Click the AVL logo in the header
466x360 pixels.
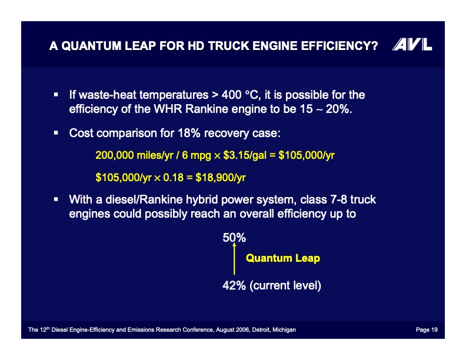click(412, 45)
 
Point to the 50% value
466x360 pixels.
click(234, 238)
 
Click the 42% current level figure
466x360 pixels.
click(234, 286)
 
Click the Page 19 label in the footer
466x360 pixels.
click(426, 330)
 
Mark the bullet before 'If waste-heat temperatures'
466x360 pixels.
click(55, 94)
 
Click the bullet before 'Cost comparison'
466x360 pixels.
click(55, 133)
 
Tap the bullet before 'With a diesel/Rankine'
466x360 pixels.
click(55, 199)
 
